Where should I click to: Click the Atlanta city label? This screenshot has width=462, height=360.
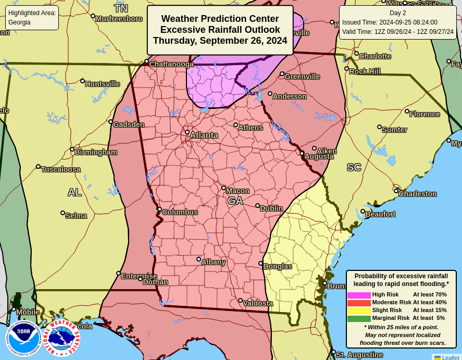coord(204,135)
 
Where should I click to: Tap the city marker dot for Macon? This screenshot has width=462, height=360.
coord(223,188)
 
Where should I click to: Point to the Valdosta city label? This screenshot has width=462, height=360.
coord(258,303)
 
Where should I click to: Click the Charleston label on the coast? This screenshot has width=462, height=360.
coord(417,194)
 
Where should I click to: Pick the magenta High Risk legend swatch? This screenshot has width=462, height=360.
coord(359,295)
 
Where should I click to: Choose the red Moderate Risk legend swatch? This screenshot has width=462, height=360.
coord(359,303)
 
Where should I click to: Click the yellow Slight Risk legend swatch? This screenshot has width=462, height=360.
coord(359,311)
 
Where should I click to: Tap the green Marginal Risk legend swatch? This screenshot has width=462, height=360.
coord(359,318)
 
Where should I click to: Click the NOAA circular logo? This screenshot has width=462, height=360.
coord(23,338)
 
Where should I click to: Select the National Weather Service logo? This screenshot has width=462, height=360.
coord(62,338)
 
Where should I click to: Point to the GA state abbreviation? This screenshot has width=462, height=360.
coord(235,201)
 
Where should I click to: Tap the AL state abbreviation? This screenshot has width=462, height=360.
coord(74,192)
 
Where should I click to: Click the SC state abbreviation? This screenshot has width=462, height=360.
coord(354,167)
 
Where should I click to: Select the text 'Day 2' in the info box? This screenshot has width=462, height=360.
coord(397,13)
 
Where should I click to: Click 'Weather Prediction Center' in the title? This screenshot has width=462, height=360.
coord(220,19)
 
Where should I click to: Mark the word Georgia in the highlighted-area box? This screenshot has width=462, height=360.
coord(19,22)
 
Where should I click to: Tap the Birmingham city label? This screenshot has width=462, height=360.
coord(95,152)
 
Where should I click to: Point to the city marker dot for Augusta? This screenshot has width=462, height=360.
coord(302,153)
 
